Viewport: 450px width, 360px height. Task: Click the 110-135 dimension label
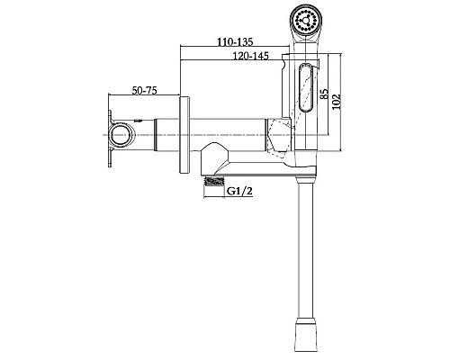tap(235, 41)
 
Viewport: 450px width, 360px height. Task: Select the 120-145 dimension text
tap(251, 56)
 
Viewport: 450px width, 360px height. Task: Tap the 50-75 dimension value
tap(145, 90)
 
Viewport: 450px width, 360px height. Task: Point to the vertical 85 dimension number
tap(324, 94)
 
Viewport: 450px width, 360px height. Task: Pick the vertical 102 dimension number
tap(337, 102)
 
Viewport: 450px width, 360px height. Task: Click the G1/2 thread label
tap(239, 191)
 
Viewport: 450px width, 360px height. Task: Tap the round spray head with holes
tap(306, 21)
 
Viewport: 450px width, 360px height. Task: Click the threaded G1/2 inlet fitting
tap(214, 181)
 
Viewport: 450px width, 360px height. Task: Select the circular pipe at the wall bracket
tap(122, 135)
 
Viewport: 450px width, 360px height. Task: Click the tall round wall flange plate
tap(184, 135)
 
